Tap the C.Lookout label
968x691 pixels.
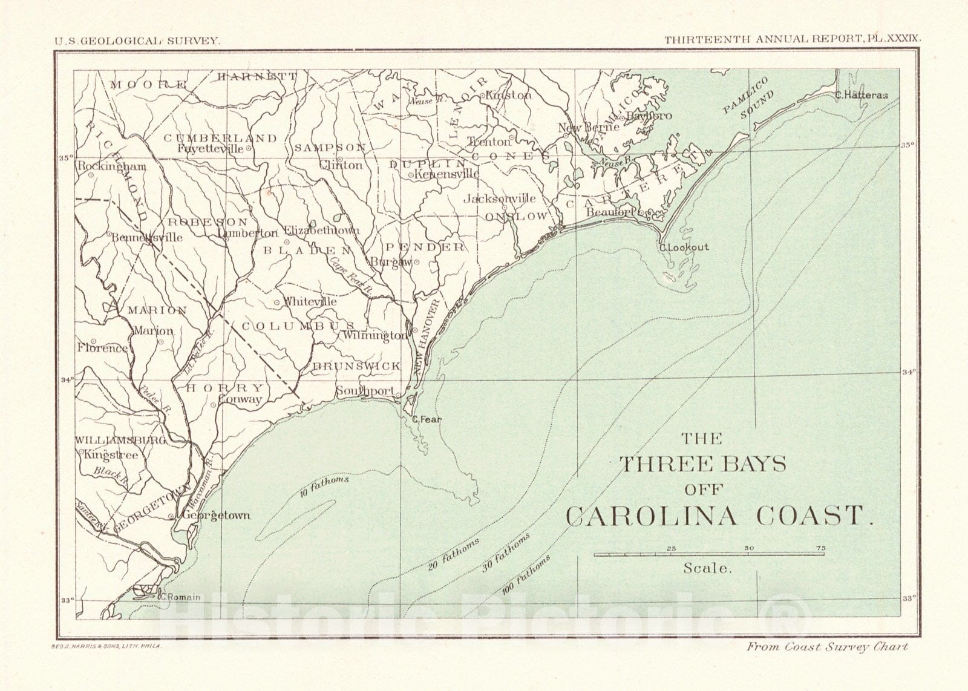click(684, 247)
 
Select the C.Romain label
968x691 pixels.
click(180, 597)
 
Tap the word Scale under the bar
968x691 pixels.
click(708, 568)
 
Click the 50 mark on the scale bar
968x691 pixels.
click(748, 548)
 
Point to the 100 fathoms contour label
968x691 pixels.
click(526, 575)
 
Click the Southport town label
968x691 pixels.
click(365, 391)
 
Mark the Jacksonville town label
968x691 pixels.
click(500, 198)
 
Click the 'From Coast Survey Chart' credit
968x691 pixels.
click(827, 647)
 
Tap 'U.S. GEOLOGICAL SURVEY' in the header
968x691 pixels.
click(137, 41)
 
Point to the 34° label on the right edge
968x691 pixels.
click(907, 372)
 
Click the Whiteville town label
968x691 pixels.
click(310, 301)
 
